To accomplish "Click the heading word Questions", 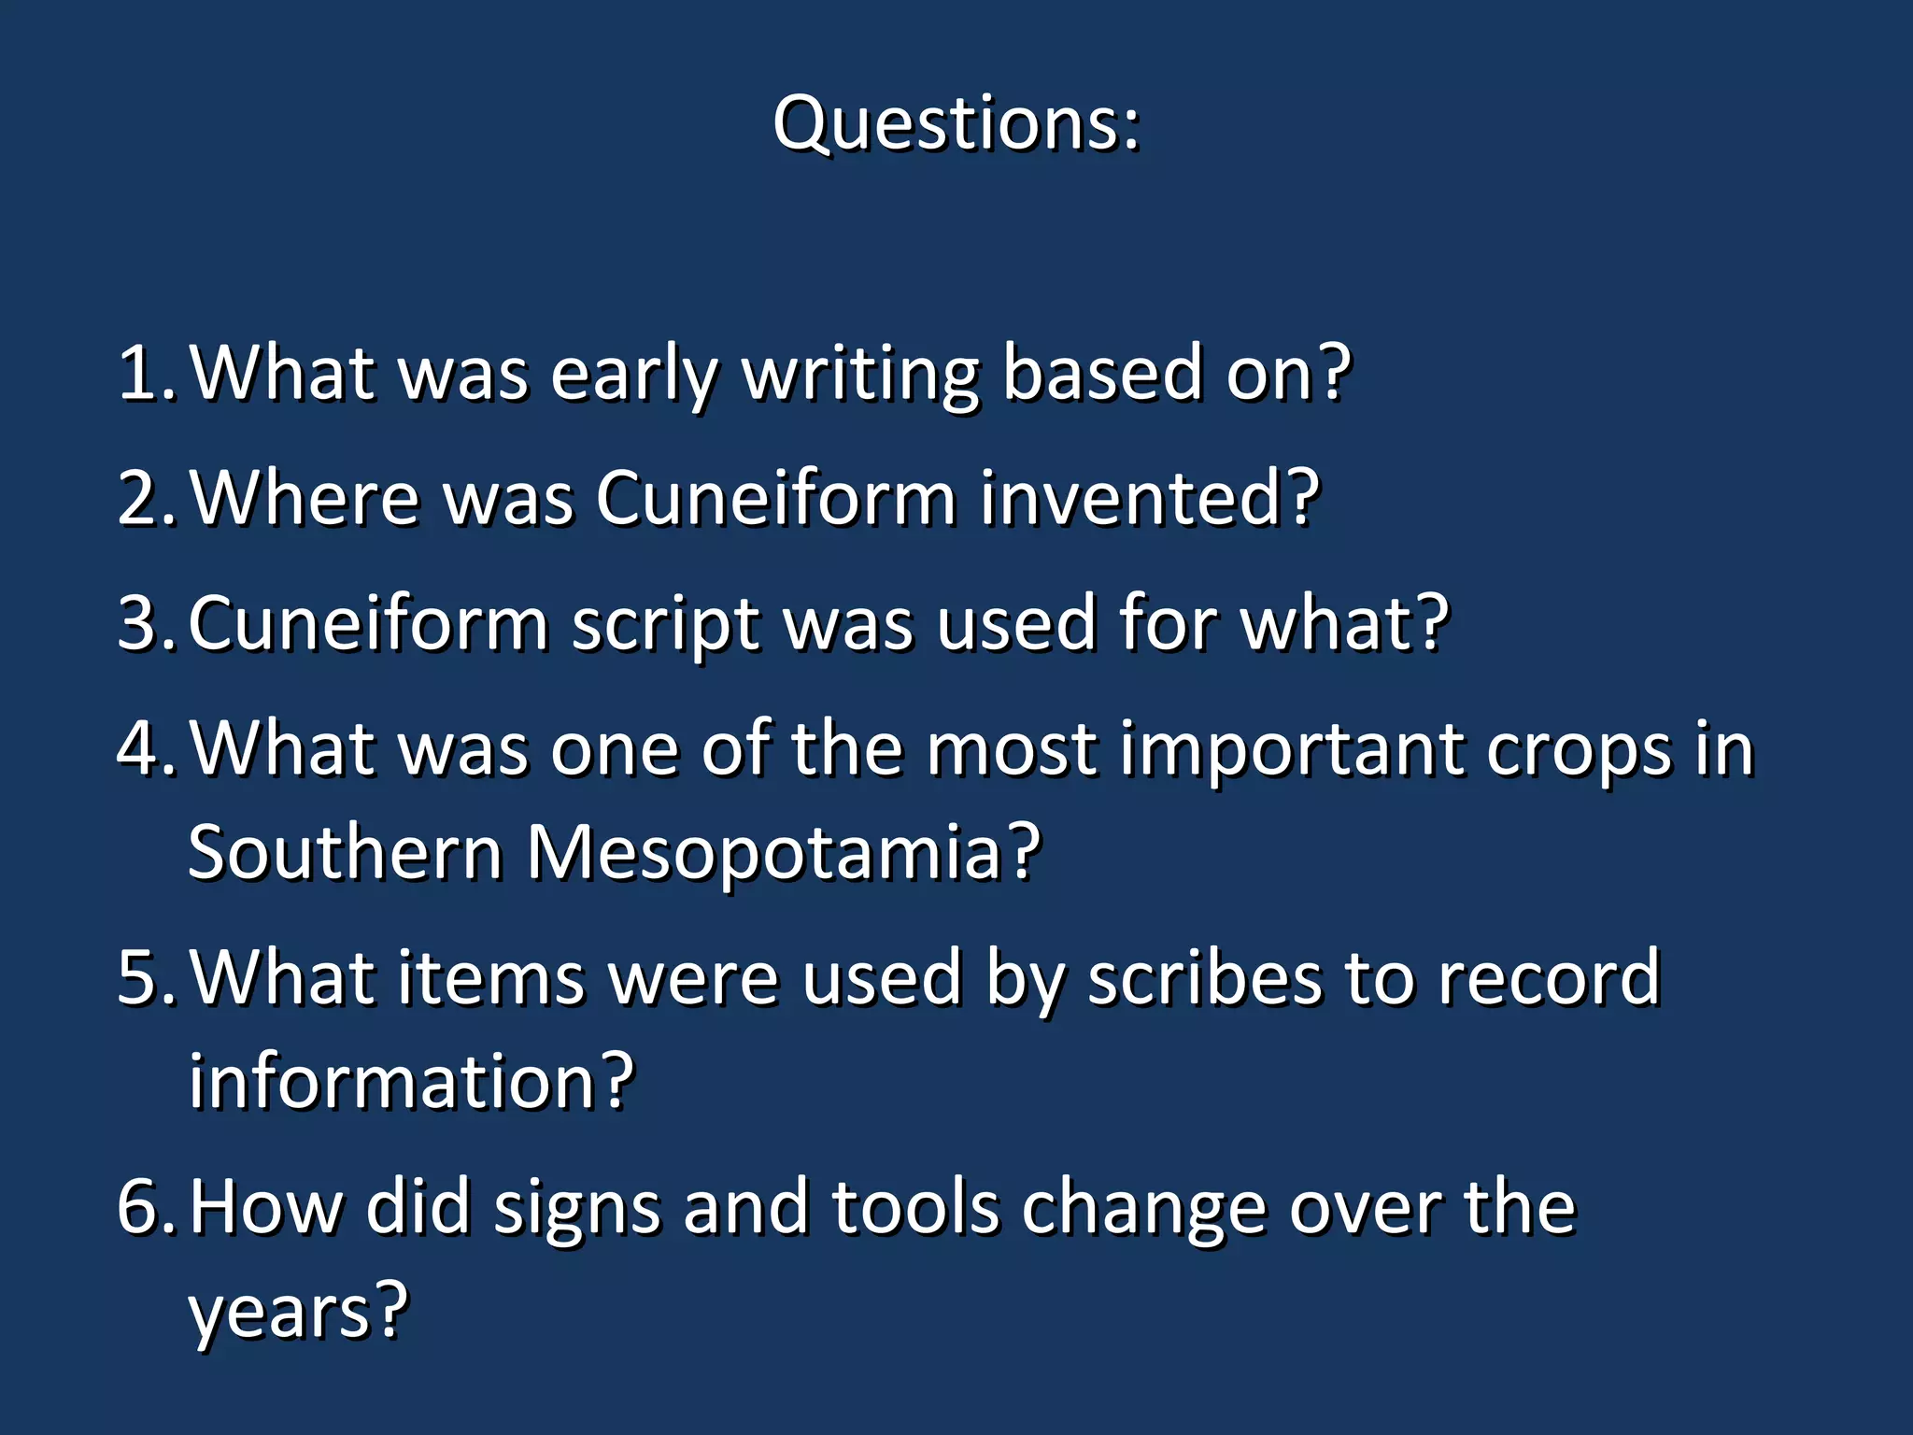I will pos(955,123).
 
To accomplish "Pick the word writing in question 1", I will pos(860,373).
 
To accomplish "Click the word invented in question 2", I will pos(1149,498).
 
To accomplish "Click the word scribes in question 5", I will pos(1205,977).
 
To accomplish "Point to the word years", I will pos(297,1310).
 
